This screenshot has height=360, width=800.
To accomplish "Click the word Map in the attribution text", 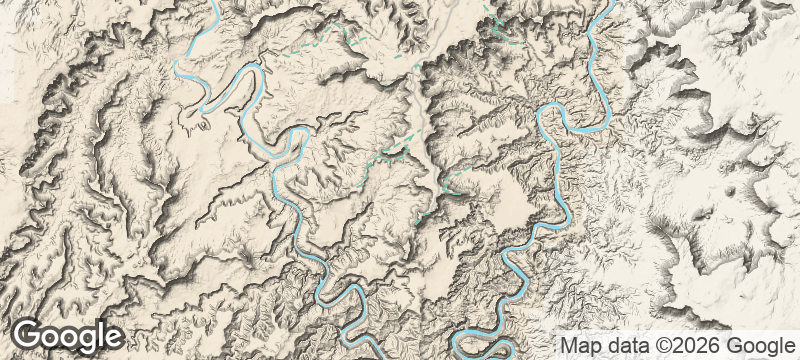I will click(x=577, y=342).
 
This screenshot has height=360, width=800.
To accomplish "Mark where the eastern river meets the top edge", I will click(x=609, y=3).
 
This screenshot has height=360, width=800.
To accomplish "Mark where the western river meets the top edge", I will click(x=215, y=3).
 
